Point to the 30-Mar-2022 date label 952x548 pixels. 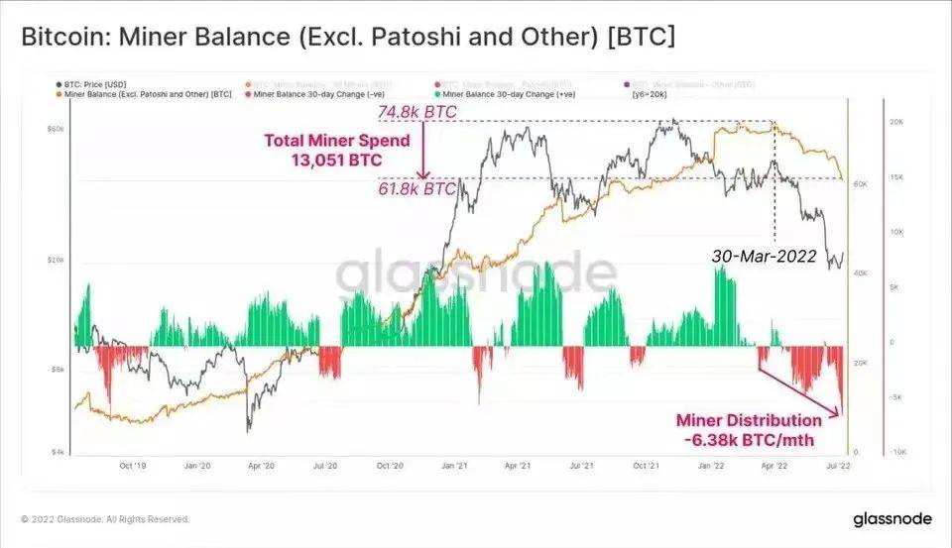[x=764, y=256]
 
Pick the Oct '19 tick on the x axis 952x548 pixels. [x=134, y=464]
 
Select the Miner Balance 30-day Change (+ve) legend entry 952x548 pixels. [x=494, y=95]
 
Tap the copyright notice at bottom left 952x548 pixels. [x=105, y=519]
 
